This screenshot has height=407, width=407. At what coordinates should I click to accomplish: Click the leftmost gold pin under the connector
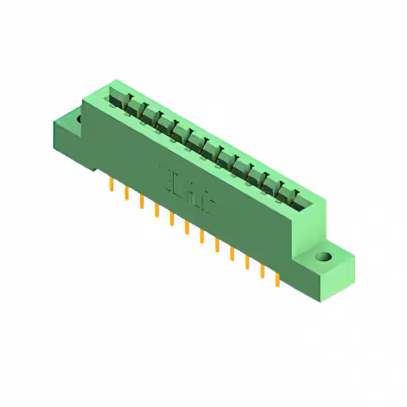click(111, 185)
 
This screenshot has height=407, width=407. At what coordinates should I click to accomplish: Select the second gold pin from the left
click(127, 193)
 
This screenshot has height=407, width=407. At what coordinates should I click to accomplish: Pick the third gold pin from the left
click(141, 202)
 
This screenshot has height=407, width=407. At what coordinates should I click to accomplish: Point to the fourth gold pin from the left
click(156, 210)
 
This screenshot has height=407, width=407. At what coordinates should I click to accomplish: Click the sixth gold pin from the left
click(186, 228)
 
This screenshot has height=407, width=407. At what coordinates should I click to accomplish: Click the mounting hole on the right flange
click(324, 258)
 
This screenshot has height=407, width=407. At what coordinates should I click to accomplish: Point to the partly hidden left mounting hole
click(79, 118)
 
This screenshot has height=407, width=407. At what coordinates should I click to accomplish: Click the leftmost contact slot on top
click(119, 99)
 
